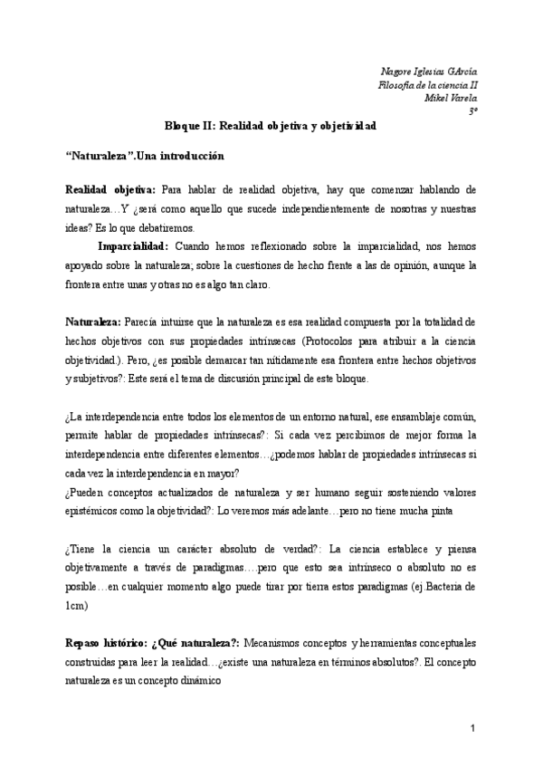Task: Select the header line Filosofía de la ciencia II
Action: click(427, 84)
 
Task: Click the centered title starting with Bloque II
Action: click(271, 128)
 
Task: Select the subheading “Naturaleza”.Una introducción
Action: click(144, 157)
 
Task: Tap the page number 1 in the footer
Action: click(472, 729)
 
